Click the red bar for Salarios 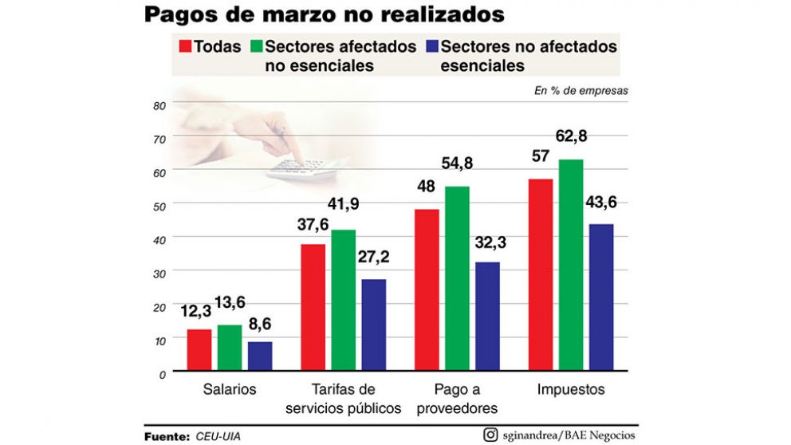pos(199,350)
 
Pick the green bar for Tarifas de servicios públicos pos(343,300)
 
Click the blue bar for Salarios pos(260,356)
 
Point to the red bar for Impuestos pos(541,274)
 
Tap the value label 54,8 pos(457,163)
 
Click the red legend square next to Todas pos(186,46)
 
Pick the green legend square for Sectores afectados pos(257,46)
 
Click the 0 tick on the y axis pos(161,373)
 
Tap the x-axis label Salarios pos(229,390)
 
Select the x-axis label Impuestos pos(571,390)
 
